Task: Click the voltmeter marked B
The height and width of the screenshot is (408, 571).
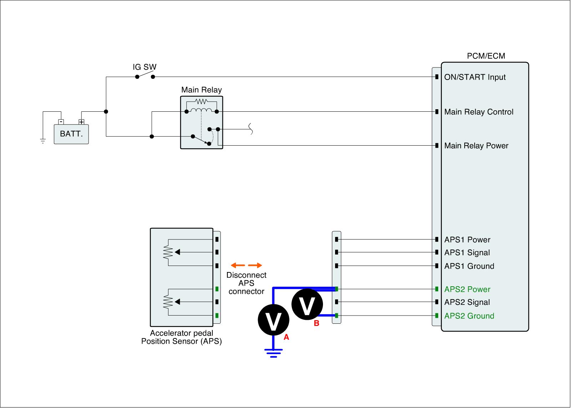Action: click(x=307, y=304)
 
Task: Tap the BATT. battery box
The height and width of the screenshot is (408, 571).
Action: click(x=71, y=134)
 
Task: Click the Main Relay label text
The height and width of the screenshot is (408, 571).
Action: click(x=201, y=90)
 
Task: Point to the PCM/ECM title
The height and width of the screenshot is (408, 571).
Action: click(x=486, y=56)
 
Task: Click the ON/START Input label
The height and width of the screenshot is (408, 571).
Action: click(x=475, y=77)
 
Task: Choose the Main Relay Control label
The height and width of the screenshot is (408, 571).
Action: click(x=479, y=112)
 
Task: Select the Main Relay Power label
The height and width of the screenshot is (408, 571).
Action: click(x=476, y=146)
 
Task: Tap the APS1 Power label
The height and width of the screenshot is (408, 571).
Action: click(x=467, y=240)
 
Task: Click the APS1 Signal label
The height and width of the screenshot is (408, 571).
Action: click(x=467, y=253)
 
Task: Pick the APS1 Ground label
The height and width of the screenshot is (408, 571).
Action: click(x=469, y=266)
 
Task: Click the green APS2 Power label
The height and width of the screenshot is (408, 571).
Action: click(x=467, y=289)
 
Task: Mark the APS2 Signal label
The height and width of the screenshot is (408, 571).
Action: click(x=467, y=302)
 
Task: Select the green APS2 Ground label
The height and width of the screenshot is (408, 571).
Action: click(x=469, y=316)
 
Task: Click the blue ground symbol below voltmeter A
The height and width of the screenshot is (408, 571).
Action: click(x=273, y=353)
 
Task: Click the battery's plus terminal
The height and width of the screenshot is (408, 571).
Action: click(x=81, y=122)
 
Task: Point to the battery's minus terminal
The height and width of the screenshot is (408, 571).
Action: click(x=61, y=122)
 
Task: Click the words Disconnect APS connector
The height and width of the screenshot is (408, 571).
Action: click(x=246, y=283)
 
